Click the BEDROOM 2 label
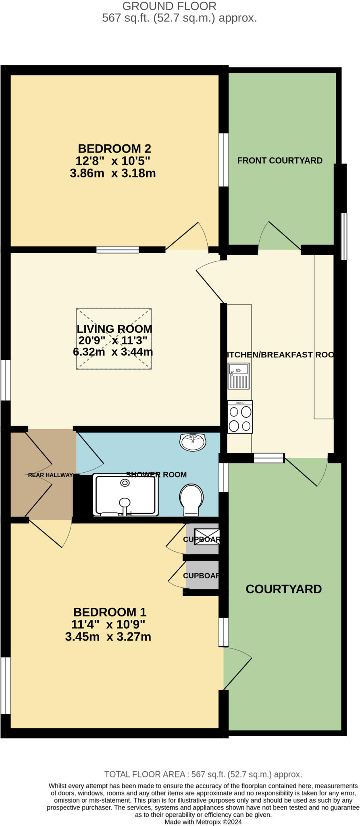[114, 148]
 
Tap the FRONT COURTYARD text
[280, 161]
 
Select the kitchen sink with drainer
[239, 376]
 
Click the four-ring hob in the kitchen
[240, 417]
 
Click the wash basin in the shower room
[193, 442]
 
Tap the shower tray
[125, 495]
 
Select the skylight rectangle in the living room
[114, 339]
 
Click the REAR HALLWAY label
[50, 475]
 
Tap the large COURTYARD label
[283, 589]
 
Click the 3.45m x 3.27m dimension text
[108, 637]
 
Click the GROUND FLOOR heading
[169, 6]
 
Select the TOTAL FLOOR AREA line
[203, 774]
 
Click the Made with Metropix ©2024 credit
[203, 822]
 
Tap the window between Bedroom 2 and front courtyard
[223, 160]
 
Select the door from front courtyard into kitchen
[279, 236]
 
